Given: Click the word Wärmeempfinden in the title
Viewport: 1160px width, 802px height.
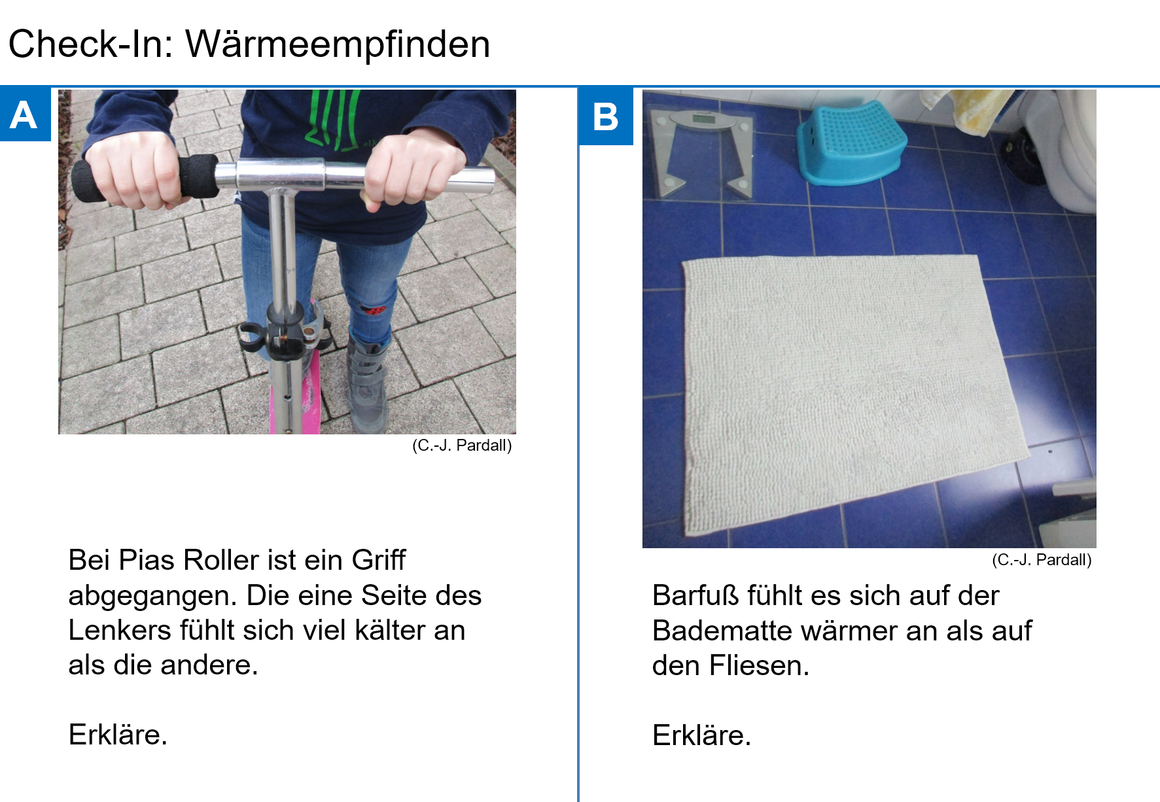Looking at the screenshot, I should (338, 44).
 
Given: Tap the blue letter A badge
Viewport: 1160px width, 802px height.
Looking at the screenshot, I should (24, 115).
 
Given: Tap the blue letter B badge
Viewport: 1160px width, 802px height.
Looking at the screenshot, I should (605, 116).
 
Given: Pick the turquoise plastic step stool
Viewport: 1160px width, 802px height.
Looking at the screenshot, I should (851, 144).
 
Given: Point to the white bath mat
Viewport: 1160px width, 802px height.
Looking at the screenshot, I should (844, 386).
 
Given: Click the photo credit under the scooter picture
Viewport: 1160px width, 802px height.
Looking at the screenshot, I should (462, 445).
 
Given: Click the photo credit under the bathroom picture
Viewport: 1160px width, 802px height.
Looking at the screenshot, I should (1042, 560).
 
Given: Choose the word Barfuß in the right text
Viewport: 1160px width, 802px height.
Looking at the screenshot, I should (695, 596).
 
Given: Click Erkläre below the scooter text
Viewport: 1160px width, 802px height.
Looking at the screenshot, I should (118, 735).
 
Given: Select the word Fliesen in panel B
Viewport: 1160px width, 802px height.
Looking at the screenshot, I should (759, 666).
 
